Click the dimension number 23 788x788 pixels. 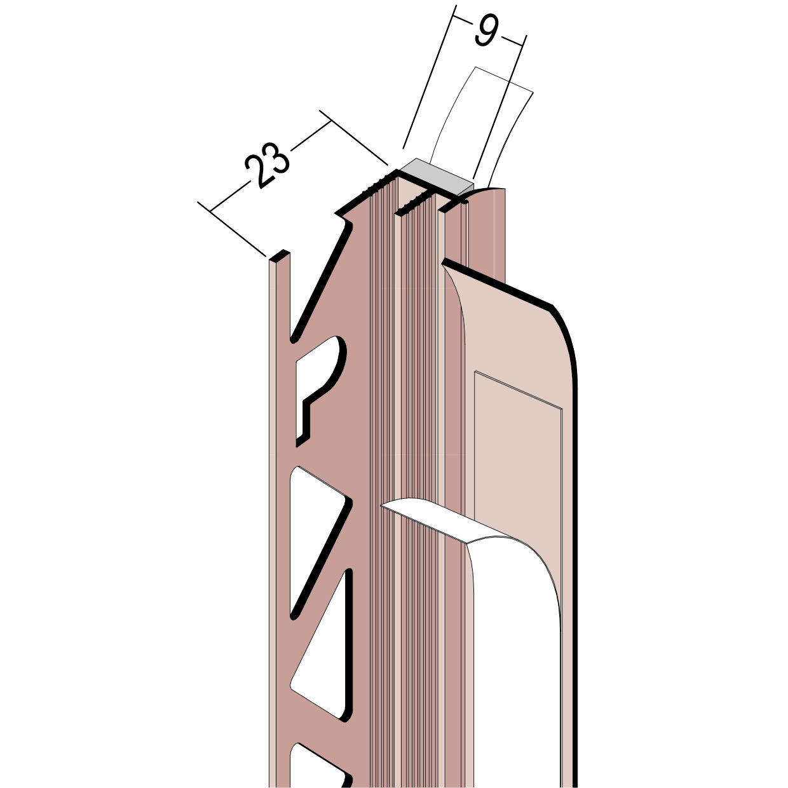click(268, 164)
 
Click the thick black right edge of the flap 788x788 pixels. click(577, 540)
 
